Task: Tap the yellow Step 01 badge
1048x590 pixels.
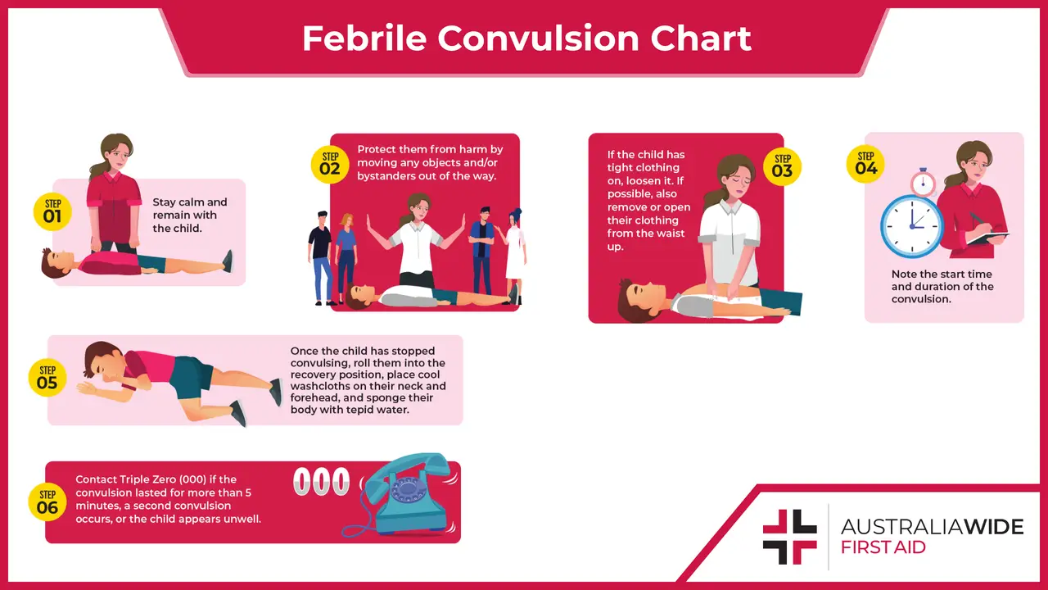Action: [x=52, y=211]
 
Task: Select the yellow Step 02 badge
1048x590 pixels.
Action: [x=330, y=163]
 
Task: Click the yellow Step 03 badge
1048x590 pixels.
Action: [x=783, y=166]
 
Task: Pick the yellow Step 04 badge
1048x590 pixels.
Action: [x=865, y=163]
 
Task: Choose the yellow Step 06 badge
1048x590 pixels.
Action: [x=47, y=501]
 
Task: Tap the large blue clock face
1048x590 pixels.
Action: [x=912, y=225]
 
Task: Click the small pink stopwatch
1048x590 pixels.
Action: [x=923, y=182]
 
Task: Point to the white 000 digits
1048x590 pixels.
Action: [x=321, y=482]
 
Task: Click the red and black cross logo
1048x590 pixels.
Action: [x=789, y=537]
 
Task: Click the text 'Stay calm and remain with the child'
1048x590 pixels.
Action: [x=190, y=215]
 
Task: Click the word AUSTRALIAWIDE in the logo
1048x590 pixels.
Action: [x=932, y=526]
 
